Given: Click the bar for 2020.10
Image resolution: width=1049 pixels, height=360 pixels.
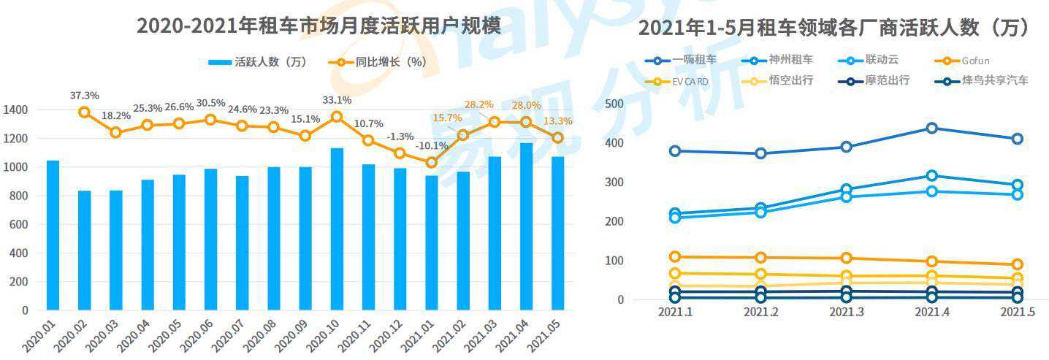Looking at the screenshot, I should (x=337, y=229).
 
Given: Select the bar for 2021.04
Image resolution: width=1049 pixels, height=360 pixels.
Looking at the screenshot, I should (x=525, y=226).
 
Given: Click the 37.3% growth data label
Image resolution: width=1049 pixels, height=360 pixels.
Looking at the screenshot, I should (x=85, y=96).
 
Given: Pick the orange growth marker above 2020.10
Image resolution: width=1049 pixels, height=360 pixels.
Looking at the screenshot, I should (x=337, y=116).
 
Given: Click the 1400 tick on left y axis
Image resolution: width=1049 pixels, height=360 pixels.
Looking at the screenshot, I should (x=15, y=110).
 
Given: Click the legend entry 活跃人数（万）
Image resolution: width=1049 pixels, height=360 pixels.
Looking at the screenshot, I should (x=259, y=63).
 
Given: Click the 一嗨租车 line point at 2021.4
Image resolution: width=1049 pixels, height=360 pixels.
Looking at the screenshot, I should (x=931, y=129).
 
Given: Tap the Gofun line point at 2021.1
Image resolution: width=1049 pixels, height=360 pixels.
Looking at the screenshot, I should (x=675, y=257).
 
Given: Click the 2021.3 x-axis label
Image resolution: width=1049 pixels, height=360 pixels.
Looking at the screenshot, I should (x=846, y=312).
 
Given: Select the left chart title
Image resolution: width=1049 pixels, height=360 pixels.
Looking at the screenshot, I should (x=318, y=26).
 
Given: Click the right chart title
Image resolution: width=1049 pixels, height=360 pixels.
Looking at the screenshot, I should (x=834, y=28).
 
